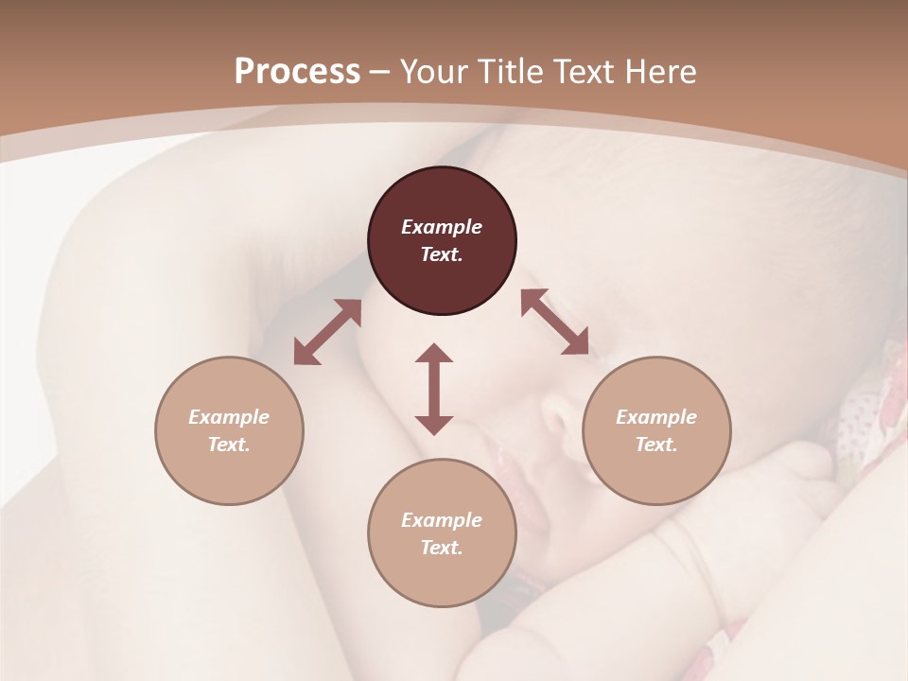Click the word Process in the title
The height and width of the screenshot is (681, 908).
pos(297,72)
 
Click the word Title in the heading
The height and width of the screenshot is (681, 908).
pos(511,72)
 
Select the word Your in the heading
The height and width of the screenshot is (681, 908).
pos(434,72)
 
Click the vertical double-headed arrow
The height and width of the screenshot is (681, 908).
pos(434,389)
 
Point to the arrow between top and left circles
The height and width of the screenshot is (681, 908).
pos(327,332)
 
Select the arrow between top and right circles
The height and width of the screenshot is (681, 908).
pos(554,323)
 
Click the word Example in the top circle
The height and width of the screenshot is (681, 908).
pos(442,227)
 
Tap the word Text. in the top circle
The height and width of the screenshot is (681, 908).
pos(442,254)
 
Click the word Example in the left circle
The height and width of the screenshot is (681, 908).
pos(229,417)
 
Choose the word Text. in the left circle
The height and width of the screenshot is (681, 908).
pos(229,445)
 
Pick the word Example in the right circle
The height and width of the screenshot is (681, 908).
pos(656,417)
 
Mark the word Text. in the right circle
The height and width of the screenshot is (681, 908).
pos(656,445)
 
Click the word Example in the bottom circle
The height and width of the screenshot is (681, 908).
pos(442,520)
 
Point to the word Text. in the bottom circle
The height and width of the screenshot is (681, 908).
pos(442,548)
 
